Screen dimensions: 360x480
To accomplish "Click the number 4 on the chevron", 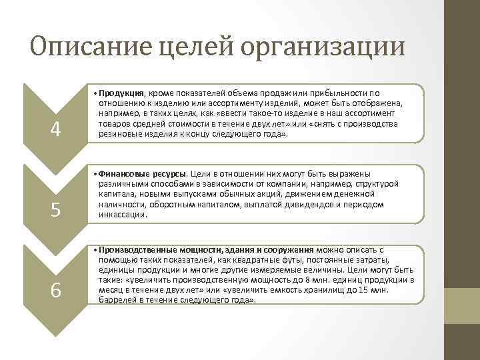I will click(56, 129).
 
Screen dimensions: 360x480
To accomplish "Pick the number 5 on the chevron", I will click(56, 211).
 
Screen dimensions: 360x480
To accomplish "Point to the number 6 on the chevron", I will click(56, 291).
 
